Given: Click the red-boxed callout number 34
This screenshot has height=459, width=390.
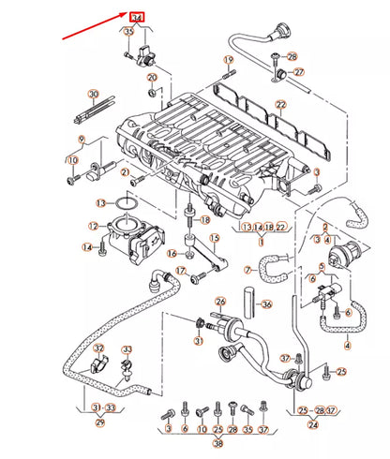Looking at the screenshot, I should tap(138, 18).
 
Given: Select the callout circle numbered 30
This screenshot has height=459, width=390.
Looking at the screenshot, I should tap(93, 95).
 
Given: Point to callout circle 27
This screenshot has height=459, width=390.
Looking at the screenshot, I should tap(299, 72).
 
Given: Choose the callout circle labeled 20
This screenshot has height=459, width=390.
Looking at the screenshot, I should tap(152, 91).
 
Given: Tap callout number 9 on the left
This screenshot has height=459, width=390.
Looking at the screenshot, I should tap(82, 140).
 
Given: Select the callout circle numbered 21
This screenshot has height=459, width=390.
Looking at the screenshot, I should tap(125, 172).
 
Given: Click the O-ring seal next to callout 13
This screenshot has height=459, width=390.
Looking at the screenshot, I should tap(126, 203).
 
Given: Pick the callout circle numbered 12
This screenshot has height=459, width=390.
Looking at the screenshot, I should tap(93, 226).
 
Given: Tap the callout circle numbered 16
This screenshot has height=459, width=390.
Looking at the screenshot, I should tap(172, 254).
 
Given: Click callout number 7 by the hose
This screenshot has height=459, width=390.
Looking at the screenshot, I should tap(248, 270).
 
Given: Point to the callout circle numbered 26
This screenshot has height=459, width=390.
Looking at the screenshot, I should tap(220, 302).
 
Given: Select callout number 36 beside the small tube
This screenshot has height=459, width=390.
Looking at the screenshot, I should tap(266, 304).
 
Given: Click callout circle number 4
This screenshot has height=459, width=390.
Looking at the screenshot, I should tap(347, 345).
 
